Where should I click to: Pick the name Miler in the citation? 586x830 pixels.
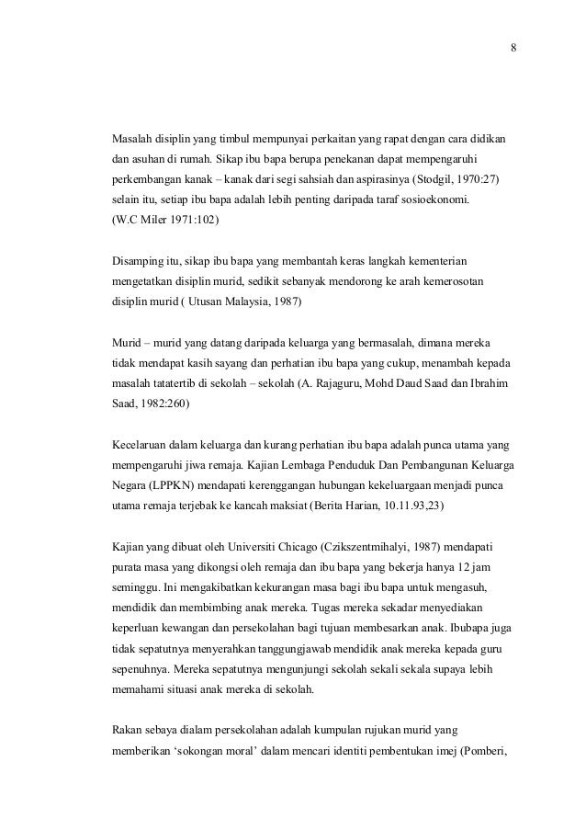click(152, 221)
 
